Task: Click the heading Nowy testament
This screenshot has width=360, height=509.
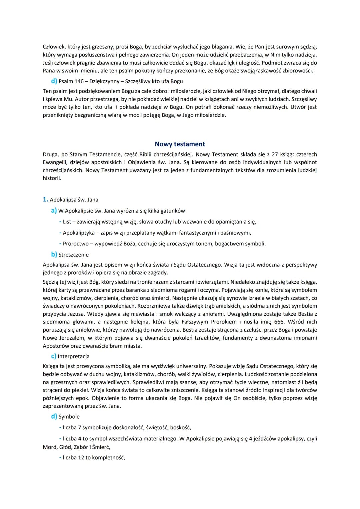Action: [x=180, y=144]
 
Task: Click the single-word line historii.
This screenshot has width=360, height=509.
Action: [x=52, y=178]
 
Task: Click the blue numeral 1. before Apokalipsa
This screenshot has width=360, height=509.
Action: [x=46, y=199]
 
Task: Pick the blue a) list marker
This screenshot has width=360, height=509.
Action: [x=54, y=211]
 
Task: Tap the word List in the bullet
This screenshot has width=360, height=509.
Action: [x=67, y=222]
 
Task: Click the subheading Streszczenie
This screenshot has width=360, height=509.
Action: [x=73, y=255]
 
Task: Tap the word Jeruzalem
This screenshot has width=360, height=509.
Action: [x=72, y=338]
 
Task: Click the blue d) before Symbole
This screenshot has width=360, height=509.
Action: [x=54, y=416]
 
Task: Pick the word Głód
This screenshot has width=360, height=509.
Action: [x=65, y=447]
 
